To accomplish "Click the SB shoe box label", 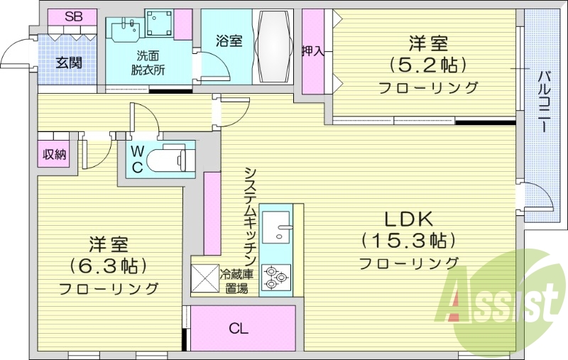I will tap(72, 16).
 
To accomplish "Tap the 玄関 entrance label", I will tap(69, 62).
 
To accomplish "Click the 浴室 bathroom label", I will tap(229, 41).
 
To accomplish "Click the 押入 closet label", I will tap(313, 51).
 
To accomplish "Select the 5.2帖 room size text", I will tap(427, 65).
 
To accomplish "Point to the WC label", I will tap(138, 158).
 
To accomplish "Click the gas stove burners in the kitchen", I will tap(275, 278).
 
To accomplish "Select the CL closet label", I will tap(239, 329).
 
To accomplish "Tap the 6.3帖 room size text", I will tap(108, 266).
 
